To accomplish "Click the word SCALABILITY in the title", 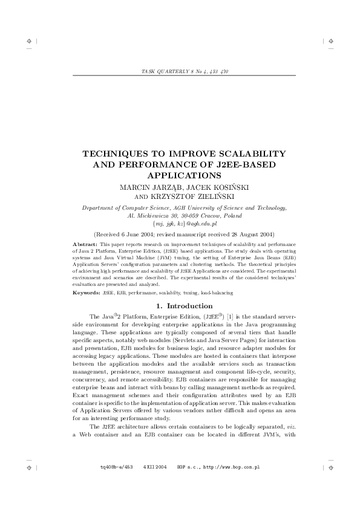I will (235, 154).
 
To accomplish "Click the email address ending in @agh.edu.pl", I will (180, 223).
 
